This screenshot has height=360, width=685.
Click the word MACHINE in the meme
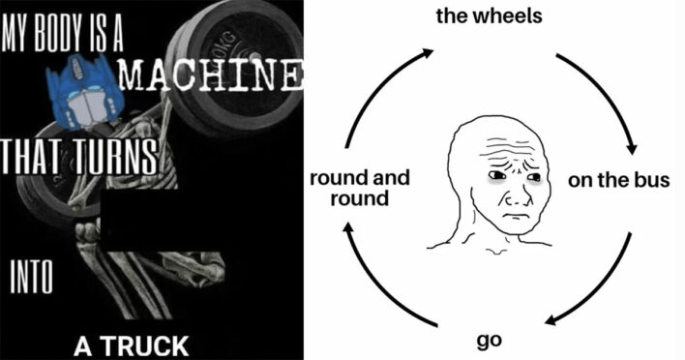tap(212, 75)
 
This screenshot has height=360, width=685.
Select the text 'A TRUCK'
tap(133, 343)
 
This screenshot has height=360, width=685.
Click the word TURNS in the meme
tap(111, 155)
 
